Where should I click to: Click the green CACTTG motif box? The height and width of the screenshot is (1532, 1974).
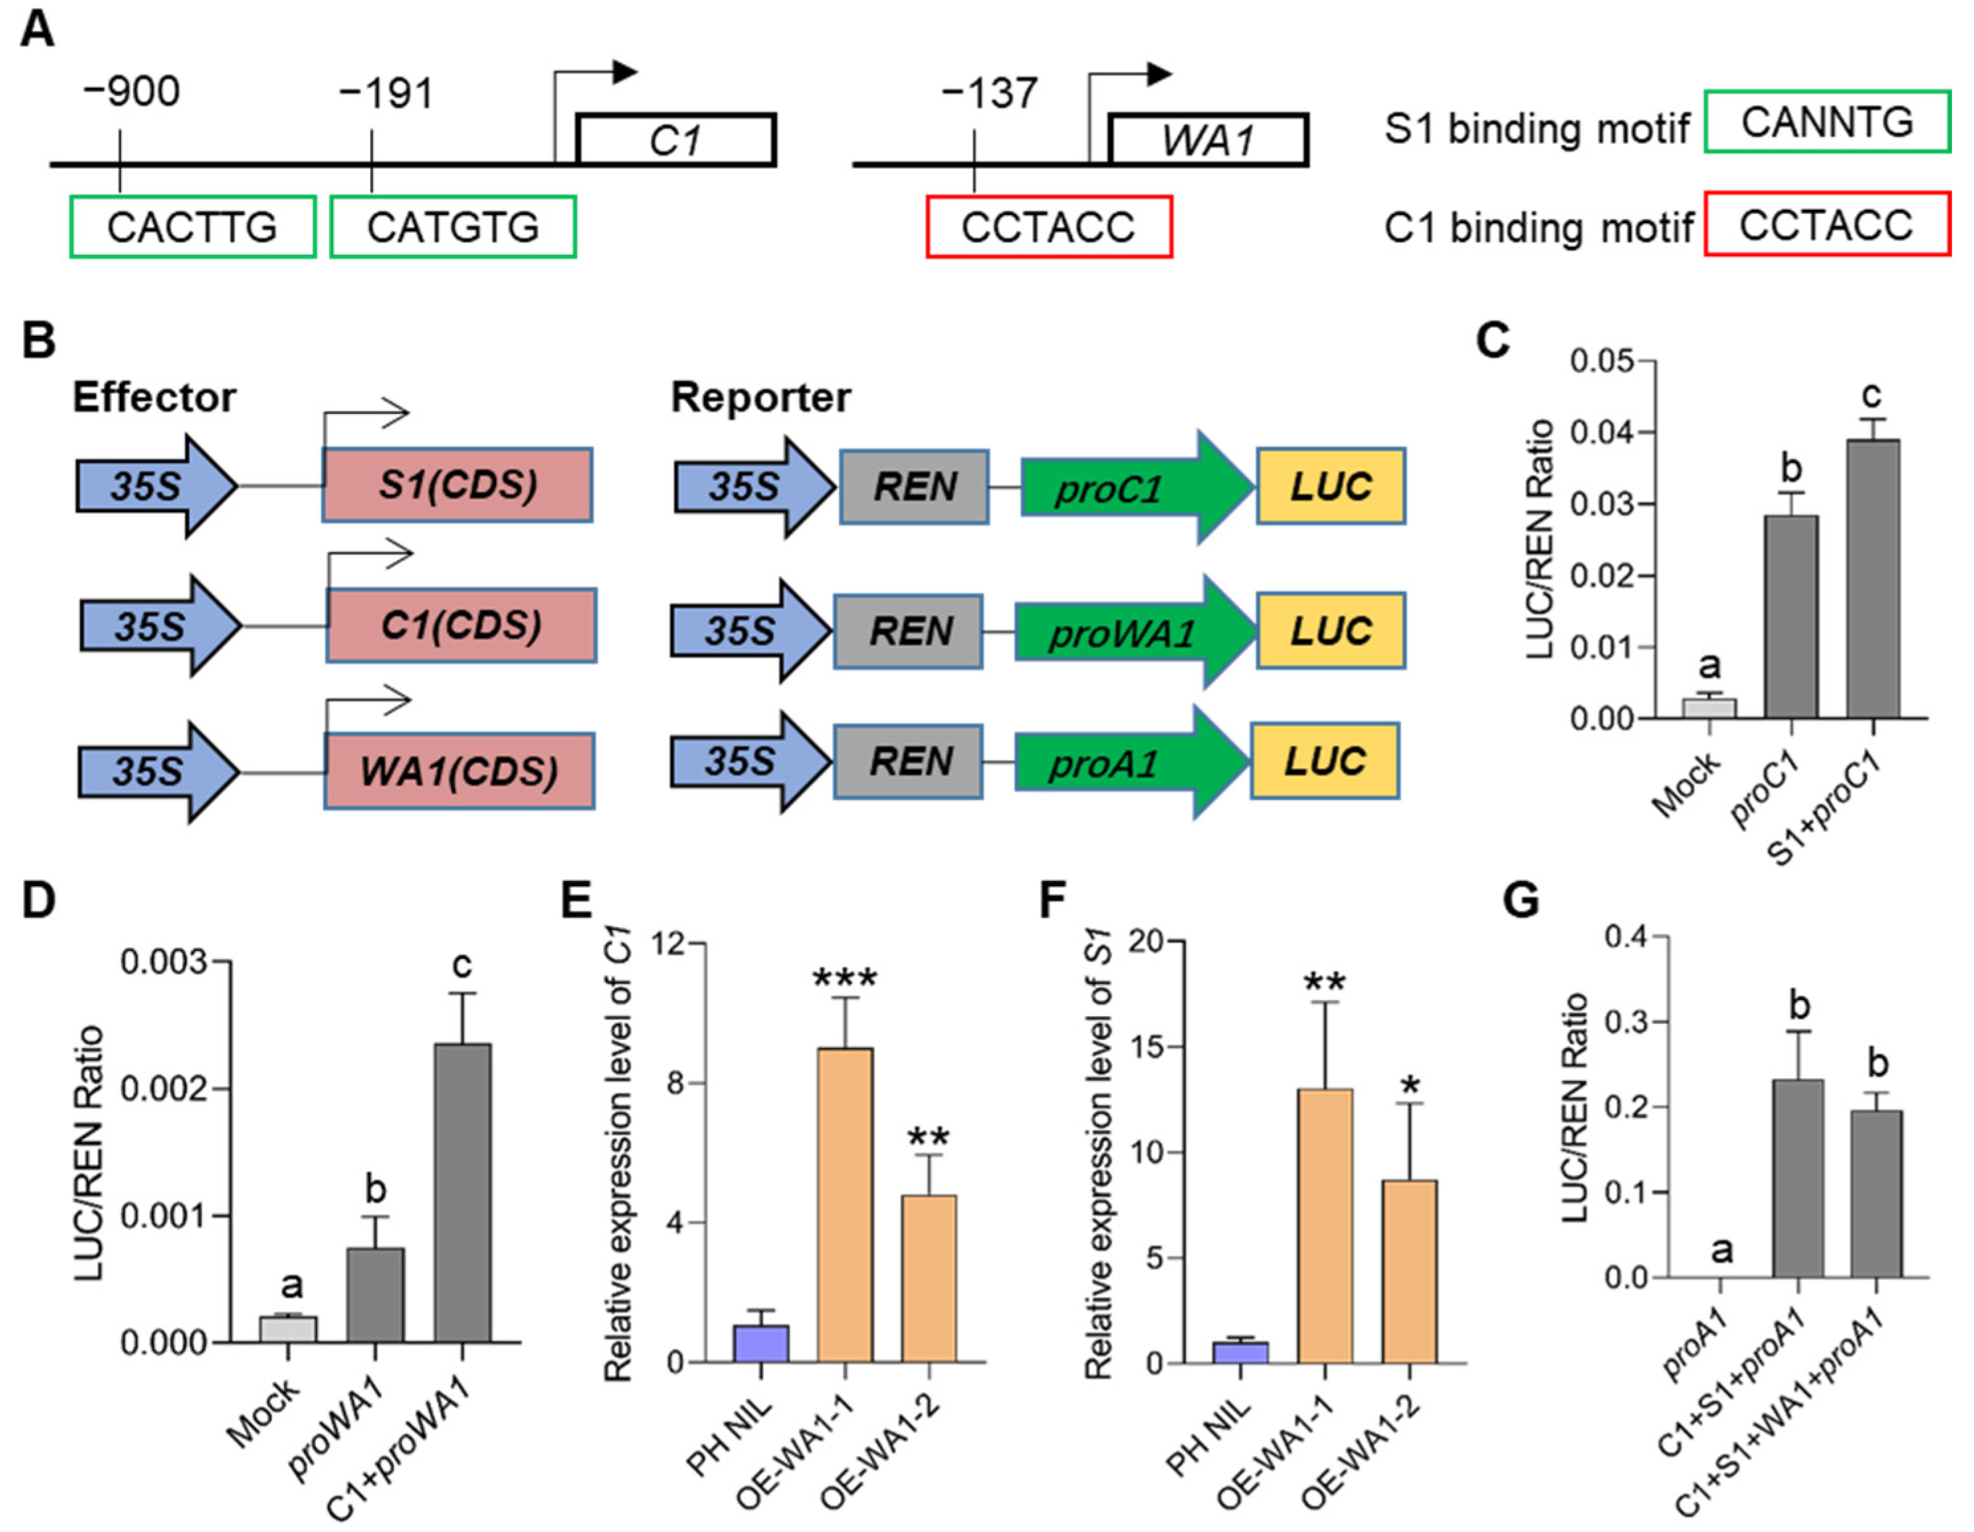tap(193, 227)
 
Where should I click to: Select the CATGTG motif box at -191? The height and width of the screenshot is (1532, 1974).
tap(453, 227)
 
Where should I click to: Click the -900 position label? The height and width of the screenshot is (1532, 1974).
tap(131, 92)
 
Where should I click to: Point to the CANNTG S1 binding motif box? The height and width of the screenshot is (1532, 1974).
tap(1827, 122)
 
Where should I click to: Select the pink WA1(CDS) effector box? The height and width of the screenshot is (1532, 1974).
tap(459, 771)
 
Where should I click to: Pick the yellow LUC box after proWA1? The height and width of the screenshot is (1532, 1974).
tap(1330, 631)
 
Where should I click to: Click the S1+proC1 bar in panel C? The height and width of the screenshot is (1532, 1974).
tap(1873, 578)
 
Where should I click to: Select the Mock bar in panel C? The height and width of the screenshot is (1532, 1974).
tap(1709, 707)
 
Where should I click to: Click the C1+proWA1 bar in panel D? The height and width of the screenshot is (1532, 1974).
tap(463, 1193)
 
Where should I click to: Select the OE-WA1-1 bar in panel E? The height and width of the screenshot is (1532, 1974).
tap(845, 1205)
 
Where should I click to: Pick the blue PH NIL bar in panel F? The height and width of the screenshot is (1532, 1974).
tap(1240, 1352)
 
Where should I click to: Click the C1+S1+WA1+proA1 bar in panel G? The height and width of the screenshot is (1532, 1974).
tap(1877, 1193)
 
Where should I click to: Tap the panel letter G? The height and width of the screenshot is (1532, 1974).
tap(1521, 901)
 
